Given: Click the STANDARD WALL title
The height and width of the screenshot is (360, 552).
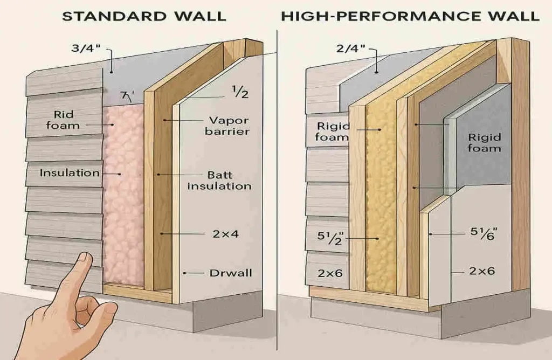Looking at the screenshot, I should pos(144,16).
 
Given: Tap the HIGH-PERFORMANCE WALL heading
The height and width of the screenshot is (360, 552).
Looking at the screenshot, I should pos(410,16).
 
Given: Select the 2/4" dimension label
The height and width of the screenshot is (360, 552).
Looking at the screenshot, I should pos(351,49).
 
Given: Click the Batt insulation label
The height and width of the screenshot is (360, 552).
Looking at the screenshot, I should pos(230,181).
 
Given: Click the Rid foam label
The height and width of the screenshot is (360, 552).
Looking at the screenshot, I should pos(63,120).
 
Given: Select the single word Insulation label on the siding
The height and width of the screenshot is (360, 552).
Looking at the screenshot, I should pos(70,173).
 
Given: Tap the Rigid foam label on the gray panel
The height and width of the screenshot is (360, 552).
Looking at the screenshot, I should pos(484,143).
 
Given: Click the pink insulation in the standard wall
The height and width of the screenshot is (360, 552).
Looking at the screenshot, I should pos(124,205).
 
